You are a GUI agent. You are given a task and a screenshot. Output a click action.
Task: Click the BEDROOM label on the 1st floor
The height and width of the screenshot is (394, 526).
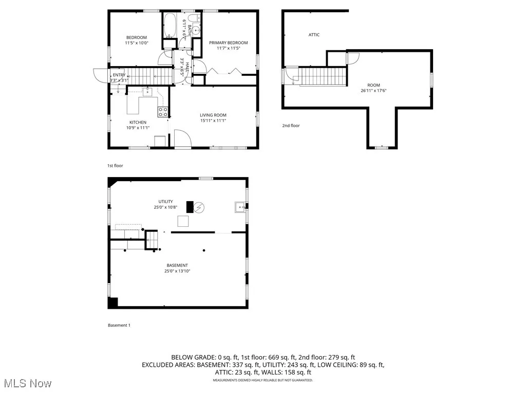pos(137,37)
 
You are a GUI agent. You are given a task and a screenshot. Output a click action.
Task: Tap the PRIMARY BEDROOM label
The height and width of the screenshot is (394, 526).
pos(228,43)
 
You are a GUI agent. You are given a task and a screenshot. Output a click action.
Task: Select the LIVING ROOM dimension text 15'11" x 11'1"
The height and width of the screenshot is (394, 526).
pos(213,121)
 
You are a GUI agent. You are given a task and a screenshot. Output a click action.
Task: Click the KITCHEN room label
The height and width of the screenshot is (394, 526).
pos(138,122)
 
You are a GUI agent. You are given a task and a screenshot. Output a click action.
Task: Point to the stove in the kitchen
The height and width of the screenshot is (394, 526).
pos(163,112)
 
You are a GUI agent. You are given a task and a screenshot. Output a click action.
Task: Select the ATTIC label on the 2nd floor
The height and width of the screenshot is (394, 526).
pos(314,35)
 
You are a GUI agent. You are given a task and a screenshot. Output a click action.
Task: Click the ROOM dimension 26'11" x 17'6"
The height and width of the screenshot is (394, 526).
pos(373,91)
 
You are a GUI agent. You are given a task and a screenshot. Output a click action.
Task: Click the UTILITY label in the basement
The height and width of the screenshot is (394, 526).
pos(165,202)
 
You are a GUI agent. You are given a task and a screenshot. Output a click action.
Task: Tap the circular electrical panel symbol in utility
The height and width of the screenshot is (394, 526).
pos(199,207)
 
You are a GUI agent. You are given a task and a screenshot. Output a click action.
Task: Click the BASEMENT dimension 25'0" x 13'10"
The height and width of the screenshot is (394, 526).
pos(173,271)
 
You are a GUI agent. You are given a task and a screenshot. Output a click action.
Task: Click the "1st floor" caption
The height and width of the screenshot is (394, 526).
pos(115,166)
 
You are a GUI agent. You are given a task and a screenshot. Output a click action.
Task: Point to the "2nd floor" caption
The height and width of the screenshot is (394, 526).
pos(290,126)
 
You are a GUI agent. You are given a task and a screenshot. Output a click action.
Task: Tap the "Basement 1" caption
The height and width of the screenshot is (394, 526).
pos(119,325)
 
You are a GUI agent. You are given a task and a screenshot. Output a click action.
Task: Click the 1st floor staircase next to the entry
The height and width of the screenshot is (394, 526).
pos(148,77)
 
